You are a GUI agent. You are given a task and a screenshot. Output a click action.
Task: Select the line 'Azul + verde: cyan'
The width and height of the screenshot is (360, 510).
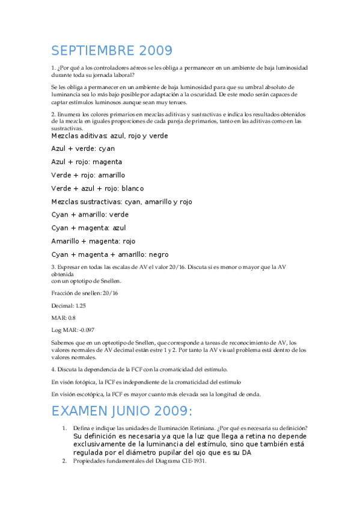(83, 149)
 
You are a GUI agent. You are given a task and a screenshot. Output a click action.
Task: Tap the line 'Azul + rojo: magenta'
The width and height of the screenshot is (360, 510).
(87, 162)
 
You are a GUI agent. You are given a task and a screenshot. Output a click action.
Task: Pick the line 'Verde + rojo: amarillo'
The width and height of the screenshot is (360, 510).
(88, 175)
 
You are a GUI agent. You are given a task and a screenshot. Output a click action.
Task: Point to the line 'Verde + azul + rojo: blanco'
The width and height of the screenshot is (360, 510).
(97, 188)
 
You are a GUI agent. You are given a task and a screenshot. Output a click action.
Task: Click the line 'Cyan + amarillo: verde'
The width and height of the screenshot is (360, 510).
(90, 215)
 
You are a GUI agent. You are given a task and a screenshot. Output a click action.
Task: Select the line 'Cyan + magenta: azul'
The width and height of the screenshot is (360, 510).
(88, 228)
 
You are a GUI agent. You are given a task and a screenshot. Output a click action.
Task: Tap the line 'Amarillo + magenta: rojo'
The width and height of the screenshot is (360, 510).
(93, 241)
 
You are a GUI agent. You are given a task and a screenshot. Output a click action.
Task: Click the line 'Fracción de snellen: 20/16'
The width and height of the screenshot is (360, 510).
(85, 293)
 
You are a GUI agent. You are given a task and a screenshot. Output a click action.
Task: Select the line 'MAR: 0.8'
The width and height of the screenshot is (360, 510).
(63, 317)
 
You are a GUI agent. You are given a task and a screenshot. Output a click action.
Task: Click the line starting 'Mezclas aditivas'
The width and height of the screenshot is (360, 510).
(109, 135)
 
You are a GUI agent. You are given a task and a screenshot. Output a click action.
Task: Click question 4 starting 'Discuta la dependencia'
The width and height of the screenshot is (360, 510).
(139, 369)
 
